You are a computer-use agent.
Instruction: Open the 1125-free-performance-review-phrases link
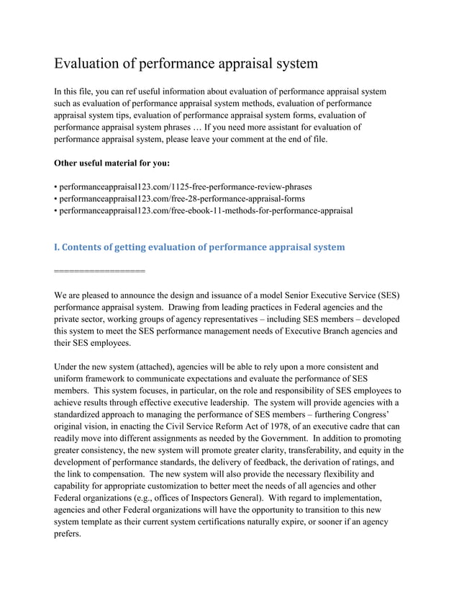[x=185, y=186]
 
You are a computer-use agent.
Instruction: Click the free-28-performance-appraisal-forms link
[x=181, y=198]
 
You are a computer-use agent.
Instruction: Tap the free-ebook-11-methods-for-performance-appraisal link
[x=205, y=210]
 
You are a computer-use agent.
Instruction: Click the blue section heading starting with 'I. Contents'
[x=199, y=247]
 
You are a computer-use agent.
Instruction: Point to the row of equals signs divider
[x=99, y=271]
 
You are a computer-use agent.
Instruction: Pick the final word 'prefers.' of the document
[x=68, y=535]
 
